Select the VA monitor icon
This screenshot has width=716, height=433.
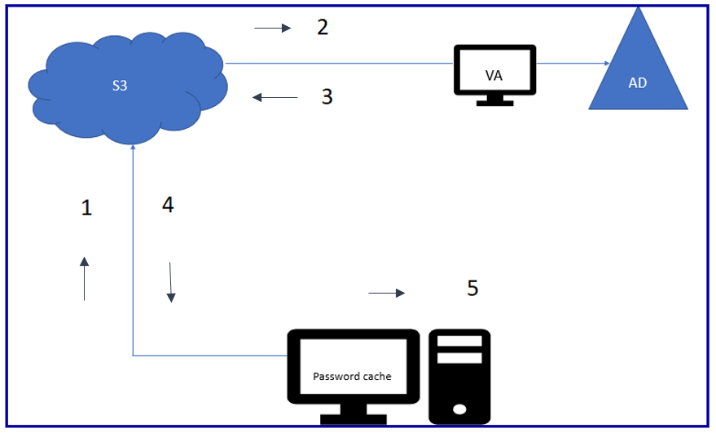494,72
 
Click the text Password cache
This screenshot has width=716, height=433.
352,377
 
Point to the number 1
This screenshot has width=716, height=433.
86,208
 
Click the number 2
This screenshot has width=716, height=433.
323,28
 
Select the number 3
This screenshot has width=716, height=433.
327,97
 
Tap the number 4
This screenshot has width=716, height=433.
168,205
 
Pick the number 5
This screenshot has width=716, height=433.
472,288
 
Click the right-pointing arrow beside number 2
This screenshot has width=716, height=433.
272,29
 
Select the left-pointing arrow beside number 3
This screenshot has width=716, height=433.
275,98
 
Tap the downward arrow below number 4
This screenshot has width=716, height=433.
171,282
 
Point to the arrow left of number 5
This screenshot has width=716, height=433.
386,293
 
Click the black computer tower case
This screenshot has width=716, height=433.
459,375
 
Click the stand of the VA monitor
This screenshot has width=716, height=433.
494,99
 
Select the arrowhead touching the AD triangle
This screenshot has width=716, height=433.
605,63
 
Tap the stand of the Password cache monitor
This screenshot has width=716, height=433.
353,416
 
